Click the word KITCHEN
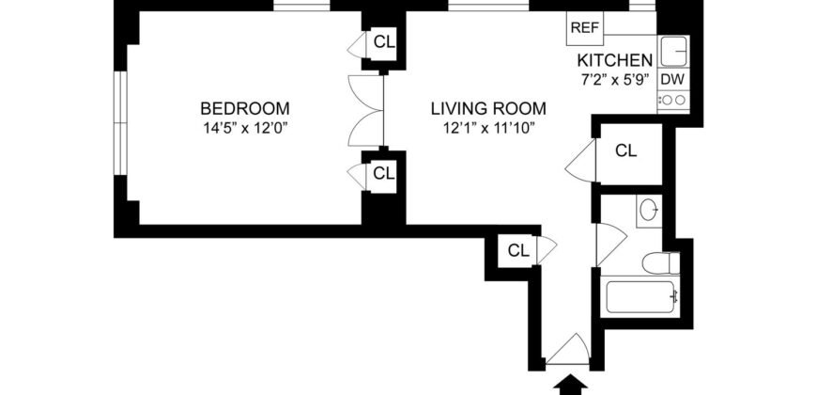pyautogui.click(x=614, y=61)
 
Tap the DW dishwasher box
pyautogui.click(x=671, y=79)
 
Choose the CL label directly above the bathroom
pyautogui.click(x=626, y=150)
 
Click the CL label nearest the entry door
pyautogui.click(x=518, y=250)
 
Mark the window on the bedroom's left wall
pyautogui.click(x=119, y=120)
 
